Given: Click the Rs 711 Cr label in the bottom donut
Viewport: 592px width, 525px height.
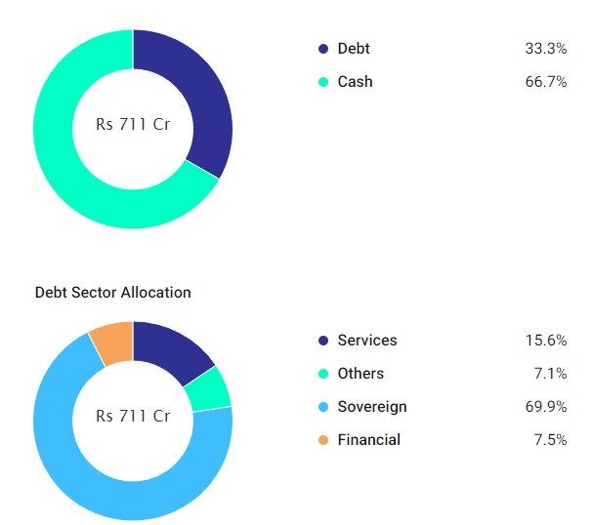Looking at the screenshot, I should tap(133, 416).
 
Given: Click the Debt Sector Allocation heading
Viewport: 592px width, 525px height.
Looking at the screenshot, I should tap(112, 292).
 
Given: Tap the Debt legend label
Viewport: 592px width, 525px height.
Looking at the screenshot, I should tap(354, 49).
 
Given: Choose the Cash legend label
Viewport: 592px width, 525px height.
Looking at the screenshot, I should tap(355, 82).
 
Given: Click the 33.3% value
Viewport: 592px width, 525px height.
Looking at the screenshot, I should tap(545, 49).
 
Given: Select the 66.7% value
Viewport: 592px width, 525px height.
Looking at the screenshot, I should tap(545, 82).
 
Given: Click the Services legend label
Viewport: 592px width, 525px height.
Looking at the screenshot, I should tap(367, 341).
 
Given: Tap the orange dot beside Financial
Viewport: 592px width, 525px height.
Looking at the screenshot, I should tap(323, 440).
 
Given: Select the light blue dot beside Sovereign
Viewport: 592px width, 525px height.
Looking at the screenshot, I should tap(323, 407).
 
